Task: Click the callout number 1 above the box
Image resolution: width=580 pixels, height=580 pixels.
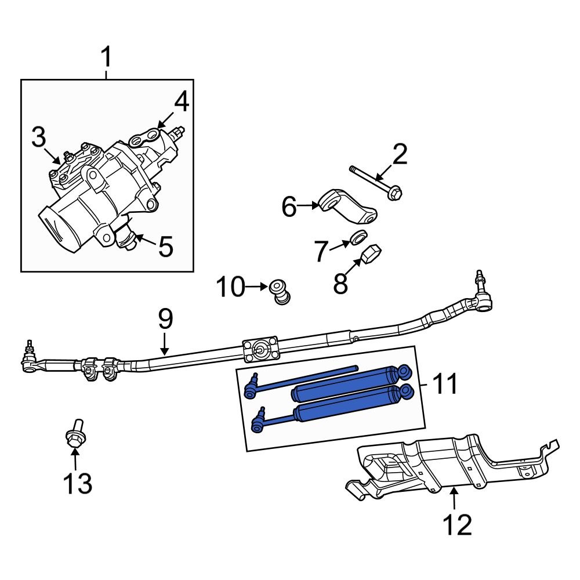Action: pyautogui.click(x=106, y=58)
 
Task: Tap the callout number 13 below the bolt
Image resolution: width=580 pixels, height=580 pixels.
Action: pyautogui.click(x=77, y=483)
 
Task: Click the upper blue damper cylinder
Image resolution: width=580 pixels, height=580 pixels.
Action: pyautogui.click(x=348, y=383)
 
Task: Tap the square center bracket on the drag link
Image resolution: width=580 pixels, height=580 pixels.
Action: pyautogui.click(x=262, y=350)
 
